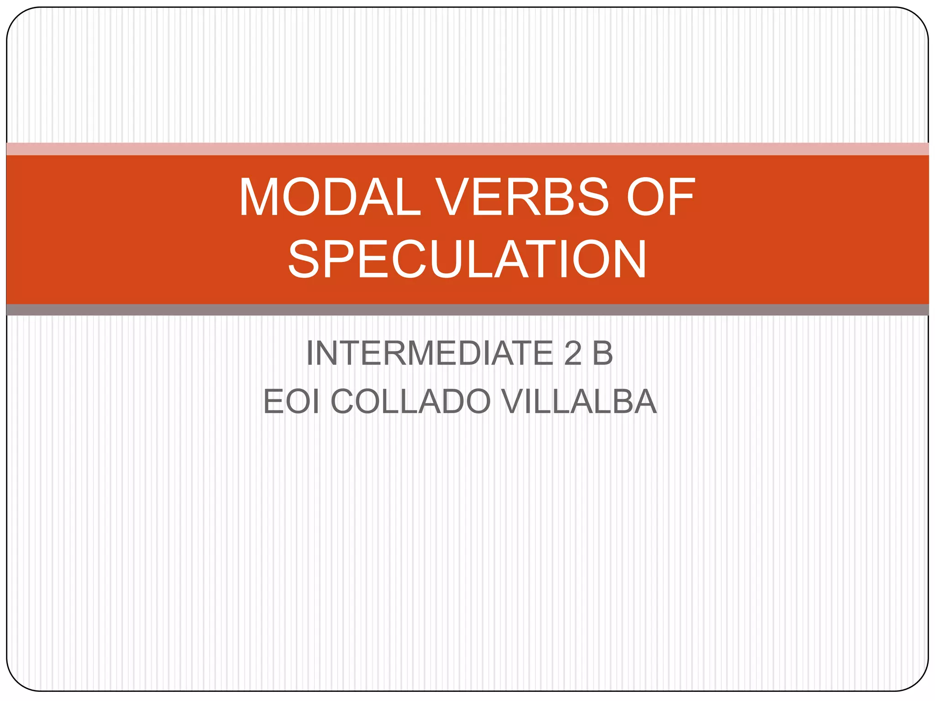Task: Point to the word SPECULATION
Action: (467, 259)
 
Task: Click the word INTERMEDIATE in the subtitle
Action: (429, 353)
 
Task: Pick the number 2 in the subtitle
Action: (573, 353)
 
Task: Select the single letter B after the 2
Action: (602, 353)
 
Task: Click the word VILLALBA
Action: (578, 402)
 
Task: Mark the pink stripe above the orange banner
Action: (467, 149)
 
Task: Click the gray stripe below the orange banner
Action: (467, 310)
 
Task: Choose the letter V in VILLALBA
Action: (515, 402)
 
